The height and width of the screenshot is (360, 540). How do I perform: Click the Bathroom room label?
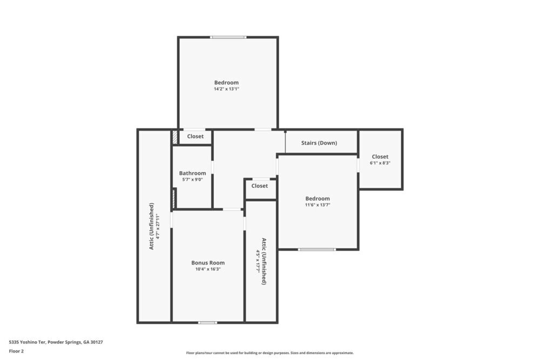[192, 173]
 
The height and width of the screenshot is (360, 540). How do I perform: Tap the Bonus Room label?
[208, 263]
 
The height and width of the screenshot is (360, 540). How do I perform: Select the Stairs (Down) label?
[319, 143]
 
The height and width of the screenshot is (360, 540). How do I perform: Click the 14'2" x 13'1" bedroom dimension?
[226, 89]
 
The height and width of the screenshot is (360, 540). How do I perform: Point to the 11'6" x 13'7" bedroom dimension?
[317, 205]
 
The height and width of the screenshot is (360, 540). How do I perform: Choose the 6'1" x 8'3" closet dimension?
[380, 163]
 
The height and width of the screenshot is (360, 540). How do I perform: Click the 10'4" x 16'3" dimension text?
[208, 269]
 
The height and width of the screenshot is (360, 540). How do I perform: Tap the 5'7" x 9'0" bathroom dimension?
[192, 180]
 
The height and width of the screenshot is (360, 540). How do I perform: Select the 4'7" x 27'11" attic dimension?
[158, 225]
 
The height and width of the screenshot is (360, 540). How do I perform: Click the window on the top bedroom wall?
[228, 37]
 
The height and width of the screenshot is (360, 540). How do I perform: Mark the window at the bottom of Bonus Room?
[207, 322]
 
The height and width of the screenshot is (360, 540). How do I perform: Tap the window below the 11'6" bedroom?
[317, 249]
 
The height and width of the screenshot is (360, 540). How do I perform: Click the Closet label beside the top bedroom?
[195, 137]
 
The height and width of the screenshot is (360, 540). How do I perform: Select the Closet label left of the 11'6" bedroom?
[260, 186]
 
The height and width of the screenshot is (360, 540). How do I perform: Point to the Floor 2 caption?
[16, 351]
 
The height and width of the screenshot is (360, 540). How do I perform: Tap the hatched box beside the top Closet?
[175, 137]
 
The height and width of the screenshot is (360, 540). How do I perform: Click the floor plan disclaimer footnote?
[270, 352]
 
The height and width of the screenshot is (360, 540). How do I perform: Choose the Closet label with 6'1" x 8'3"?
[380, 157]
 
